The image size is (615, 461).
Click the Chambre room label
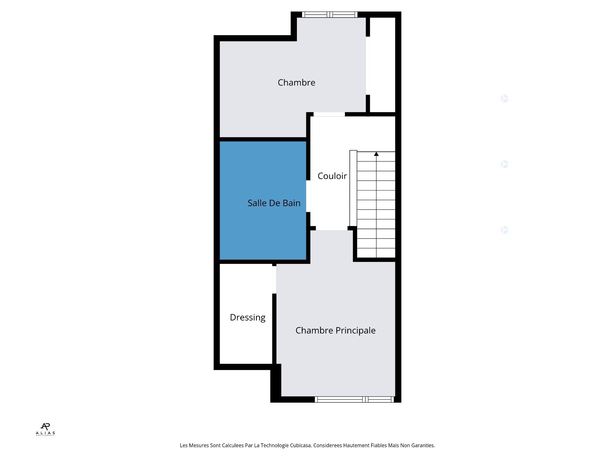click(296, 83)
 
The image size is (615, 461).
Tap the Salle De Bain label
click(274, 203)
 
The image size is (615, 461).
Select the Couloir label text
click(332, 176)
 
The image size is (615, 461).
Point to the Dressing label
click(248, 317)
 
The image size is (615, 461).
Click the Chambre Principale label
click(335, 330)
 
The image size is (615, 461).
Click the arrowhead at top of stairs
click(376, 154)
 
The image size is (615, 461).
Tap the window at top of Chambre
click(330, 14)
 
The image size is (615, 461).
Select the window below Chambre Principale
click(354, 399)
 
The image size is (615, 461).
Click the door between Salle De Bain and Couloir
click(308, 196)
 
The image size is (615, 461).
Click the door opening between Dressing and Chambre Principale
click(274, 279)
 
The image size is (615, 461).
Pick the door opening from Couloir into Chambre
click(329, 114)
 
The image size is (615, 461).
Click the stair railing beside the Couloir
click(353, 188)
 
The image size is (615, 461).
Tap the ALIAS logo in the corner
click(45, 429)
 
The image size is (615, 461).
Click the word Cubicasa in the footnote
click(300, 445)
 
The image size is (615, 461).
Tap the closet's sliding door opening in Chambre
click(368, 66)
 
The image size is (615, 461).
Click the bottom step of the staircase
click(376, 253)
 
